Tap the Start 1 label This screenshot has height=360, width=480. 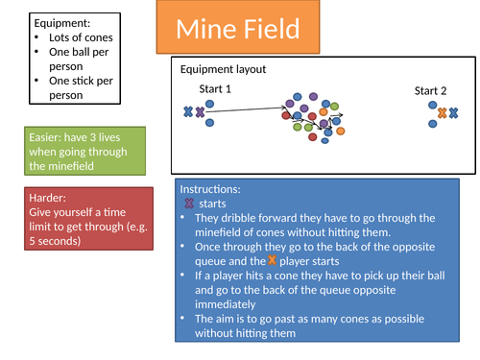coord(215,89)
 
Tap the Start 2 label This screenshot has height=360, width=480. coord(430,91)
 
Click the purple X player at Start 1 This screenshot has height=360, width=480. coord(200,112)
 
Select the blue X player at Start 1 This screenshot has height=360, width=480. coord(187,112)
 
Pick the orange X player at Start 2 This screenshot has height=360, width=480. coord(442,113)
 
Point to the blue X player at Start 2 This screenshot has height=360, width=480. coord(454,113)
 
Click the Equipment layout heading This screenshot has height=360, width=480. coord(223,69)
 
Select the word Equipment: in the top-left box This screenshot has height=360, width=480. coord(60,23)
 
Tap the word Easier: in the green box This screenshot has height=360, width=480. coord(49,136)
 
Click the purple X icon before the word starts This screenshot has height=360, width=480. coord(188,204)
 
